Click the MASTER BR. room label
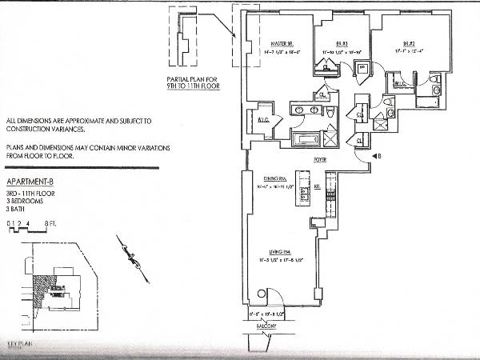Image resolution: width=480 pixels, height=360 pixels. pyautogui.click(x=279, y=44)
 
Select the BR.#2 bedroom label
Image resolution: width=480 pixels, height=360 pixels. pyautogui.click(x=407, y=44)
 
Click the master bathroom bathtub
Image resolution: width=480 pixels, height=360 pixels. pyautogui.click(x=305, y=140)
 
